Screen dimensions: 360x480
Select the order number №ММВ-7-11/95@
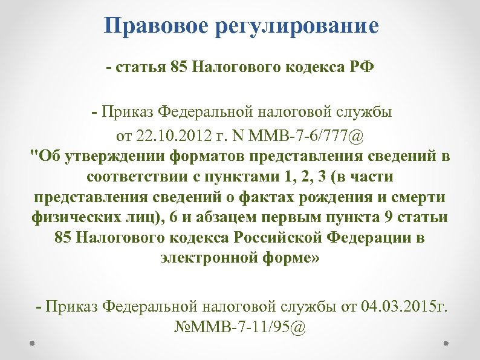[x=240, y=327]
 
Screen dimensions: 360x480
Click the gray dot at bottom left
[x=33, y=342]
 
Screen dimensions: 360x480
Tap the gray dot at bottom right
[x=447, y=342]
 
